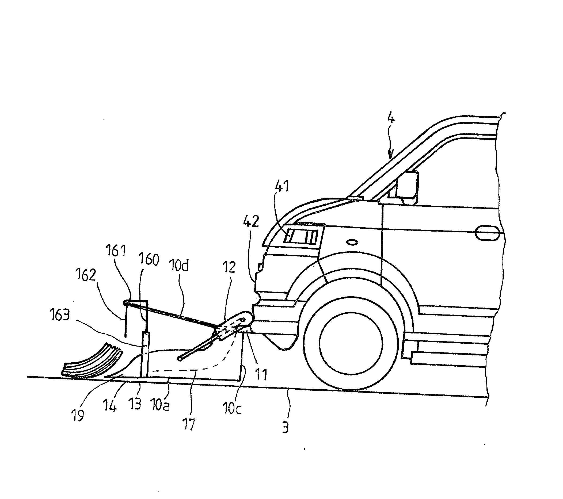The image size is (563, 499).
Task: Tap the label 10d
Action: coord(179,266)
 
